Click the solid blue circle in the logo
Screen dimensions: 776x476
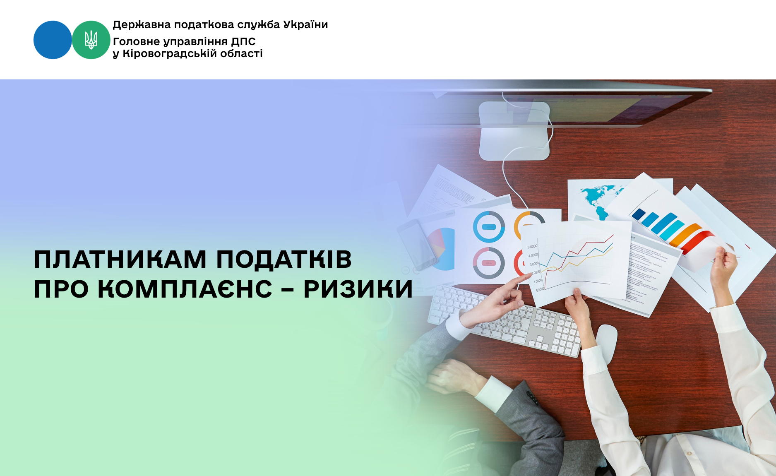tap(53, 40)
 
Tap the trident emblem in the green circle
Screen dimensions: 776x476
tap(91, 40)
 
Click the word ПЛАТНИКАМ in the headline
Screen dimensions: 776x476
tap(120, 260)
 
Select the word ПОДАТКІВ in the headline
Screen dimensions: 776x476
tap(284, 260)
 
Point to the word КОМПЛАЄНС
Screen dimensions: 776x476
tap(185, 289)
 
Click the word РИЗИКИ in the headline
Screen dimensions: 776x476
tap(358, 289)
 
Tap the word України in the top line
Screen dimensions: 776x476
tap(305, 24)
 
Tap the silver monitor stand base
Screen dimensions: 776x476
tap(514, 131)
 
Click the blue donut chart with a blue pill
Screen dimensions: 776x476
tap(489, 227)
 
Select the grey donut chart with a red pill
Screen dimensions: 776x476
tap(489, 263)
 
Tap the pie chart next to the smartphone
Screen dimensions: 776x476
tap(442, 249)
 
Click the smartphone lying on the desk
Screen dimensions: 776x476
tap(417, 244)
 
